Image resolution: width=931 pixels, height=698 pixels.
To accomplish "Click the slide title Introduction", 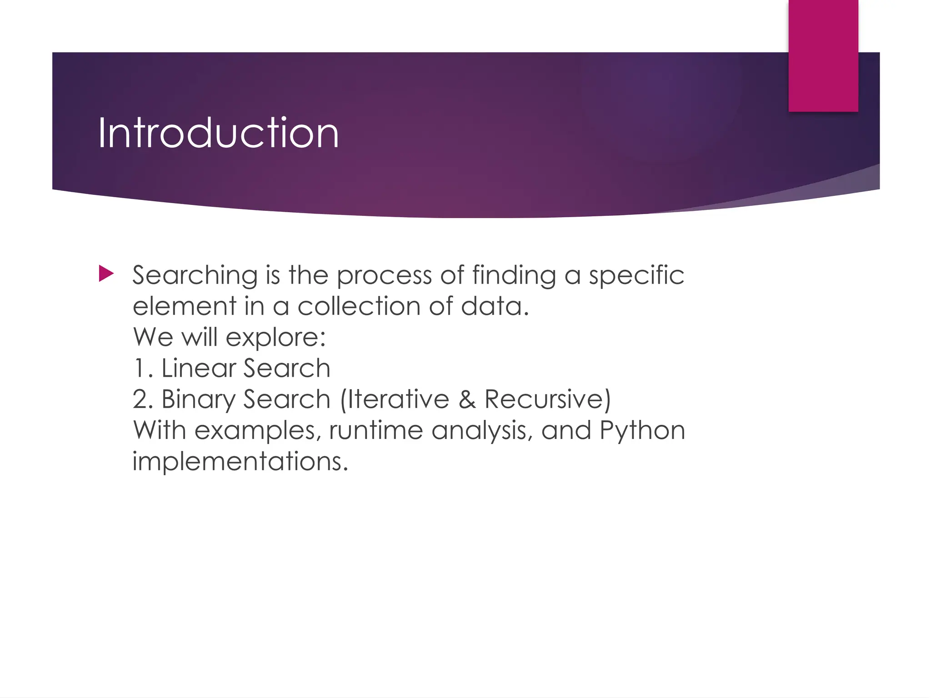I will (218, 133).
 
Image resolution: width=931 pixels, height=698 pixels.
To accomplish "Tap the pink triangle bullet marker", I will (106, 274).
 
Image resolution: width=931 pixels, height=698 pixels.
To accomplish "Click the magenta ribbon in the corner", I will (823, 55).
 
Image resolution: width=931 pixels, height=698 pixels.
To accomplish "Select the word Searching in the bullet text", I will (195, 276).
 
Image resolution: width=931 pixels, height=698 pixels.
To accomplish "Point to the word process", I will (384, 276).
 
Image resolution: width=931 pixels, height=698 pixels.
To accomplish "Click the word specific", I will (636, 276).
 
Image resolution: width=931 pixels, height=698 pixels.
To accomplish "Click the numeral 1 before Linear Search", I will (140, 368).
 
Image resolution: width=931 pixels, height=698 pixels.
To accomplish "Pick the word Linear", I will (198, 368).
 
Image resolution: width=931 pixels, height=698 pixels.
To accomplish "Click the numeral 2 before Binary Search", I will (141, 399).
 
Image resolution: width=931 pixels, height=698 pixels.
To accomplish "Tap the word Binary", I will (198, 400).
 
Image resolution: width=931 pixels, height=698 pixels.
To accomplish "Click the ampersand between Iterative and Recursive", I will (467, 399).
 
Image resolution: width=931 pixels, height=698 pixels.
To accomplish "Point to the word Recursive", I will (543, 399).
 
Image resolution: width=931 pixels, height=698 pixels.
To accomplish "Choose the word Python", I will (642, 431).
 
